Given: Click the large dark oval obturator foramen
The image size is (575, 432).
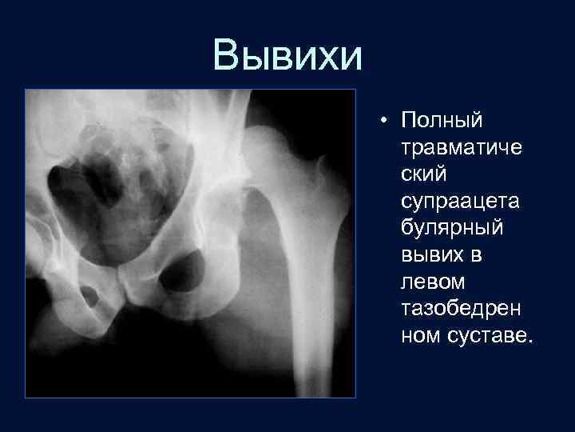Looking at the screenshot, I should tap(183, 271).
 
